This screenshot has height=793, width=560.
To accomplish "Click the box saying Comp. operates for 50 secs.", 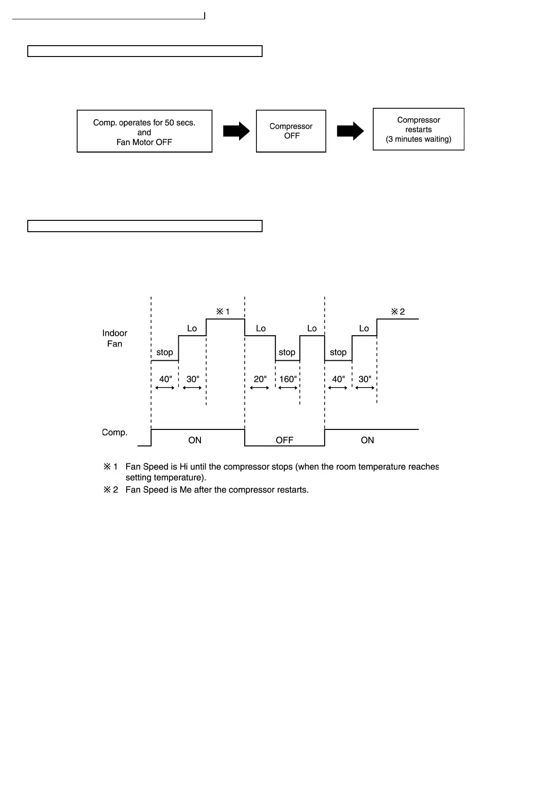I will [x=144, y=131].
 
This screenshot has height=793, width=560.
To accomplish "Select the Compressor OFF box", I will [x=291, y=131].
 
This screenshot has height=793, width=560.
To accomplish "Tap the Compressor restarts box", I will [x=418, y=129].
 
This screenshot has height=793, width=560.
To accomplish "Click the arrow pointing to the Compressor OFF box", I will [x=236, y=131].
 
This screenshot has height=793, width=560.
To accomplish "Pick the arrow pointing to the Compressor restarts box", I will [x=350, y=131].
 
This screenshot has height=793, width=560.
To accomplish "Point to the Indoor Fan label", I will [x=115, y=339].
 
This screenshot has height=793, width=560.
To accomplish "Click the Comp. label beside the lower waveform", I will [x=115, y=432].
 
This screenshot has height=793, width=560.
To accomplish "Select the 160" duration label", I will [x=288, y=379].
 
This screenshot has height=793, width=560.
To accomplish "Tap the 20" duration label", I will [x=260, y=379].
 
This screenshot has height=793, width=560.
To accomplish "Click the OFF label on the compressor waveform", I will [x=284, y=440].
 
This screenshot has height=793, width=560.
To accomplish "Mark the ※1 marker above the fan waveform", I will [x=223, y=312].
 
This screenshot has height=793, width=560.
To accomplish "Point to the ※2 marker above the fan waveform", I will [x=398, y=312].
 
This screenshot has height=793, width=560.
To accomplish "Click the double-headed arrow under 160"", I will [x=288, y=388].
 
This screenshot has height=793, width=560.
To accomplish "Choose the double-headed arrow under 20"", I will [x=259, y=388].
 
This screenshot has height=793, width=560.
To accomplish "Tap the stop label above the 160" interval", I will [x=287, y=352].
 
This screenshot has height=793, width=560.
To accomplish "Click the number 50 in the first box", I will [x=169, y=123].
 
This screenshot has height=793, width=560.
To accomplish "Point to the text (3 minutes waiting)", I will [x=418, y=139].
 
